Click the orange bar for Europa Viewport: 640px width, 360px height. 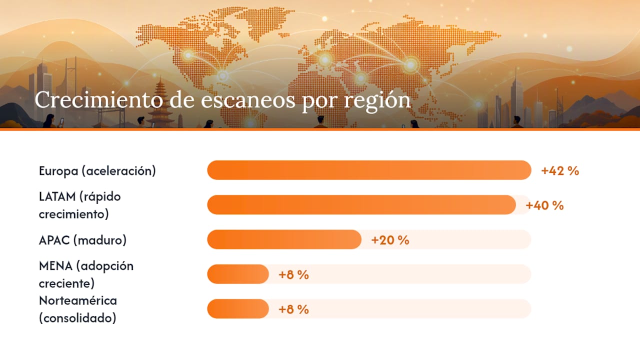[369, 170]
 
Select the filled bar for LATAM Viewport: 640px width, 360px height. [361, 205]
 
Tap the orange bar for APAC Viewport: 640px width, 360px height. [284, 239]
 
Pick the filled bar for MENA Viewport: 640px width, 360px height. [238, 274]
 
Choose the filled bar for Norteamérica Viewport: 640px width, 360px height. [238, 309]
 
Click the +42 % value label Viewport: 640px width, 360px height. [560, 171]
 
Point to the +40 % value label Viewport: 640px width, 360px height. [544, 205]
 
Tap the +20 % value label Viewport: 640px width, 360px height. [390, 240]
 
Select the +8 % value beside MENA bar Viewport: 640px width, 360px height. [293, 275]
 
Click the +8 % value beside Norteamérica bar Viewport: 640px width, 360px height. [293, 309]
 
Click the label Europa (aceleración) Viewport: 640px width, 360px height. [97, 171]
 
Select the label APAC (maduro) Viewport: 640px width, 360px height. [82, 240]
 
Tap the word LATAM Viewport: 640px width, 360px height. [57, 196]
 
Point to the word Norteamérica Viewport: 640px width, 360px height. [78, 300]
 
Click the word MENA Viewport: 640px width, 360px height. [55, 266]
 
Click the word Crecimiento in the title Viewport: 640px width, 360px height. [99, 99]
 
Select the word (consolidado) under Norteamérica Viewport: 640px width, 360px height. [77, 318]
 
